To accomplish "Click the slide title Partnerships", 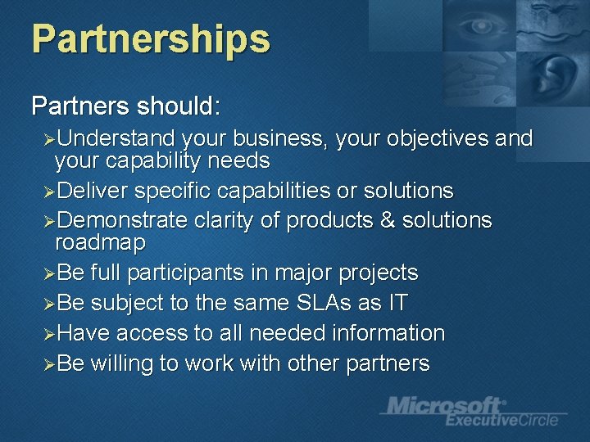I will pyautogui.click(x=151, y=39).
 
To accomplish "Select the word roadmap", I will pyautogui.click(x=100, y=242).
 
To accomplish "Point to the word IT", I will pyautogui.click(x=397, y=303).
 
